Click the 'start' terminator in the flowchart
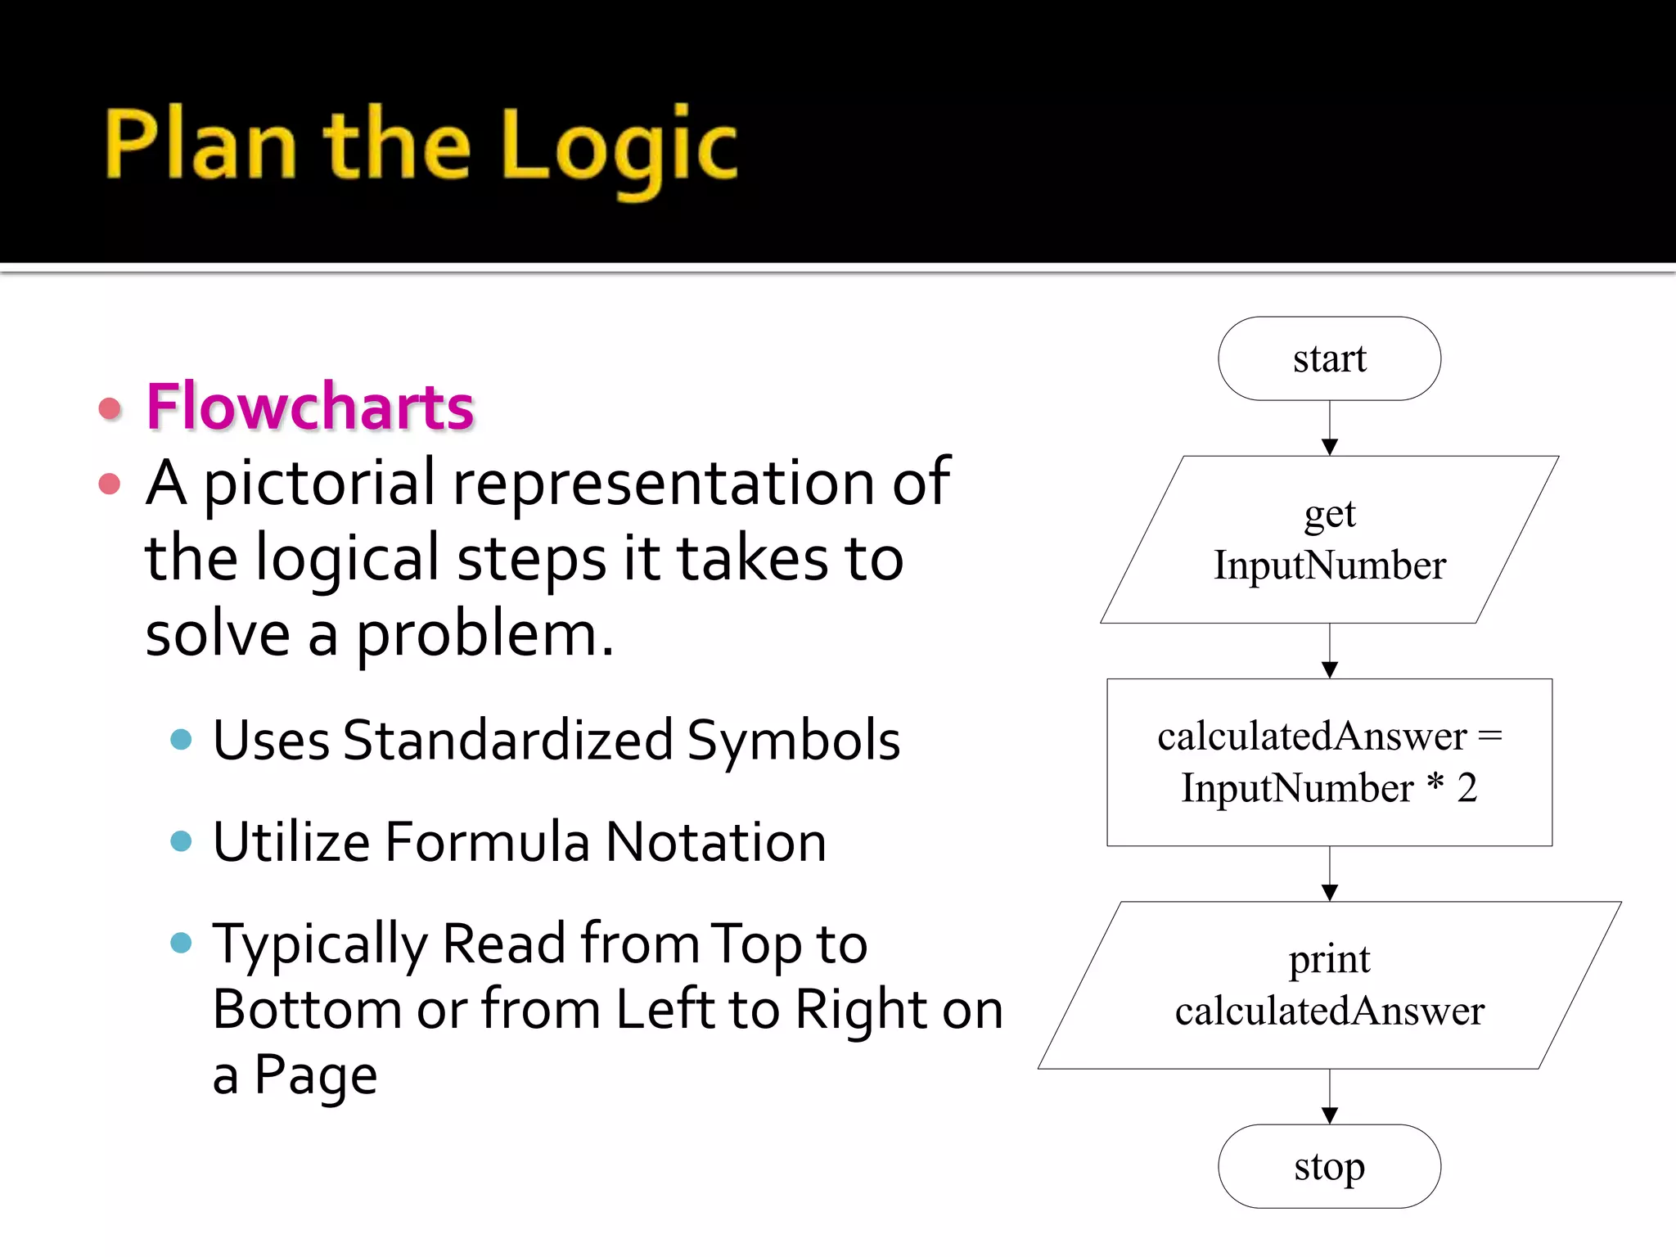tap(1329, 358)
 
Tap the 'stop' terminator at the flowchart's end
tap(1329, 1166)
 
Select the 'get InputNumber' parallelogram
tap(1329, 540)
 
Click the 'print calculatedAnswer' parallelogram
tap(1329, 985)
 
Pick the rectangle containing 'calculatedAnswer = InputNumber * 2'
tap(1329, 762)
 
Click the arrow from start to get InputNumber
tap(1330, 428)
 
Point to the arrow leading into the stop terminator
tap(1330, 1097)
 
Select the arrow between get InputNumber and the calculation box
tap(1330, 651)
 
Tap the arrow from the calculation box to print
tap(1330, 874)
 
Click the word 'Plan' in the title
tap(200, 145)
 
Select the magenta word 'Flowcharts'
tap(310, 407)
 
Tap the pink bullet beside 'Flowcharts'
tap(110, 408)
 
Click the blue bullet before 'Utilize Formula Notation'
tap(181, 840)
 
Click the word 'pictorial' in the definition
tap(319, 484)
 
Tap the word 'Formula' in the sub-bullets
tap(487, 842)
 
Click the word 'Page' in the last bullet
tap(316, 1075)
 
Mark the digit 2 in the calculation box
tap(1466, 787)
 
